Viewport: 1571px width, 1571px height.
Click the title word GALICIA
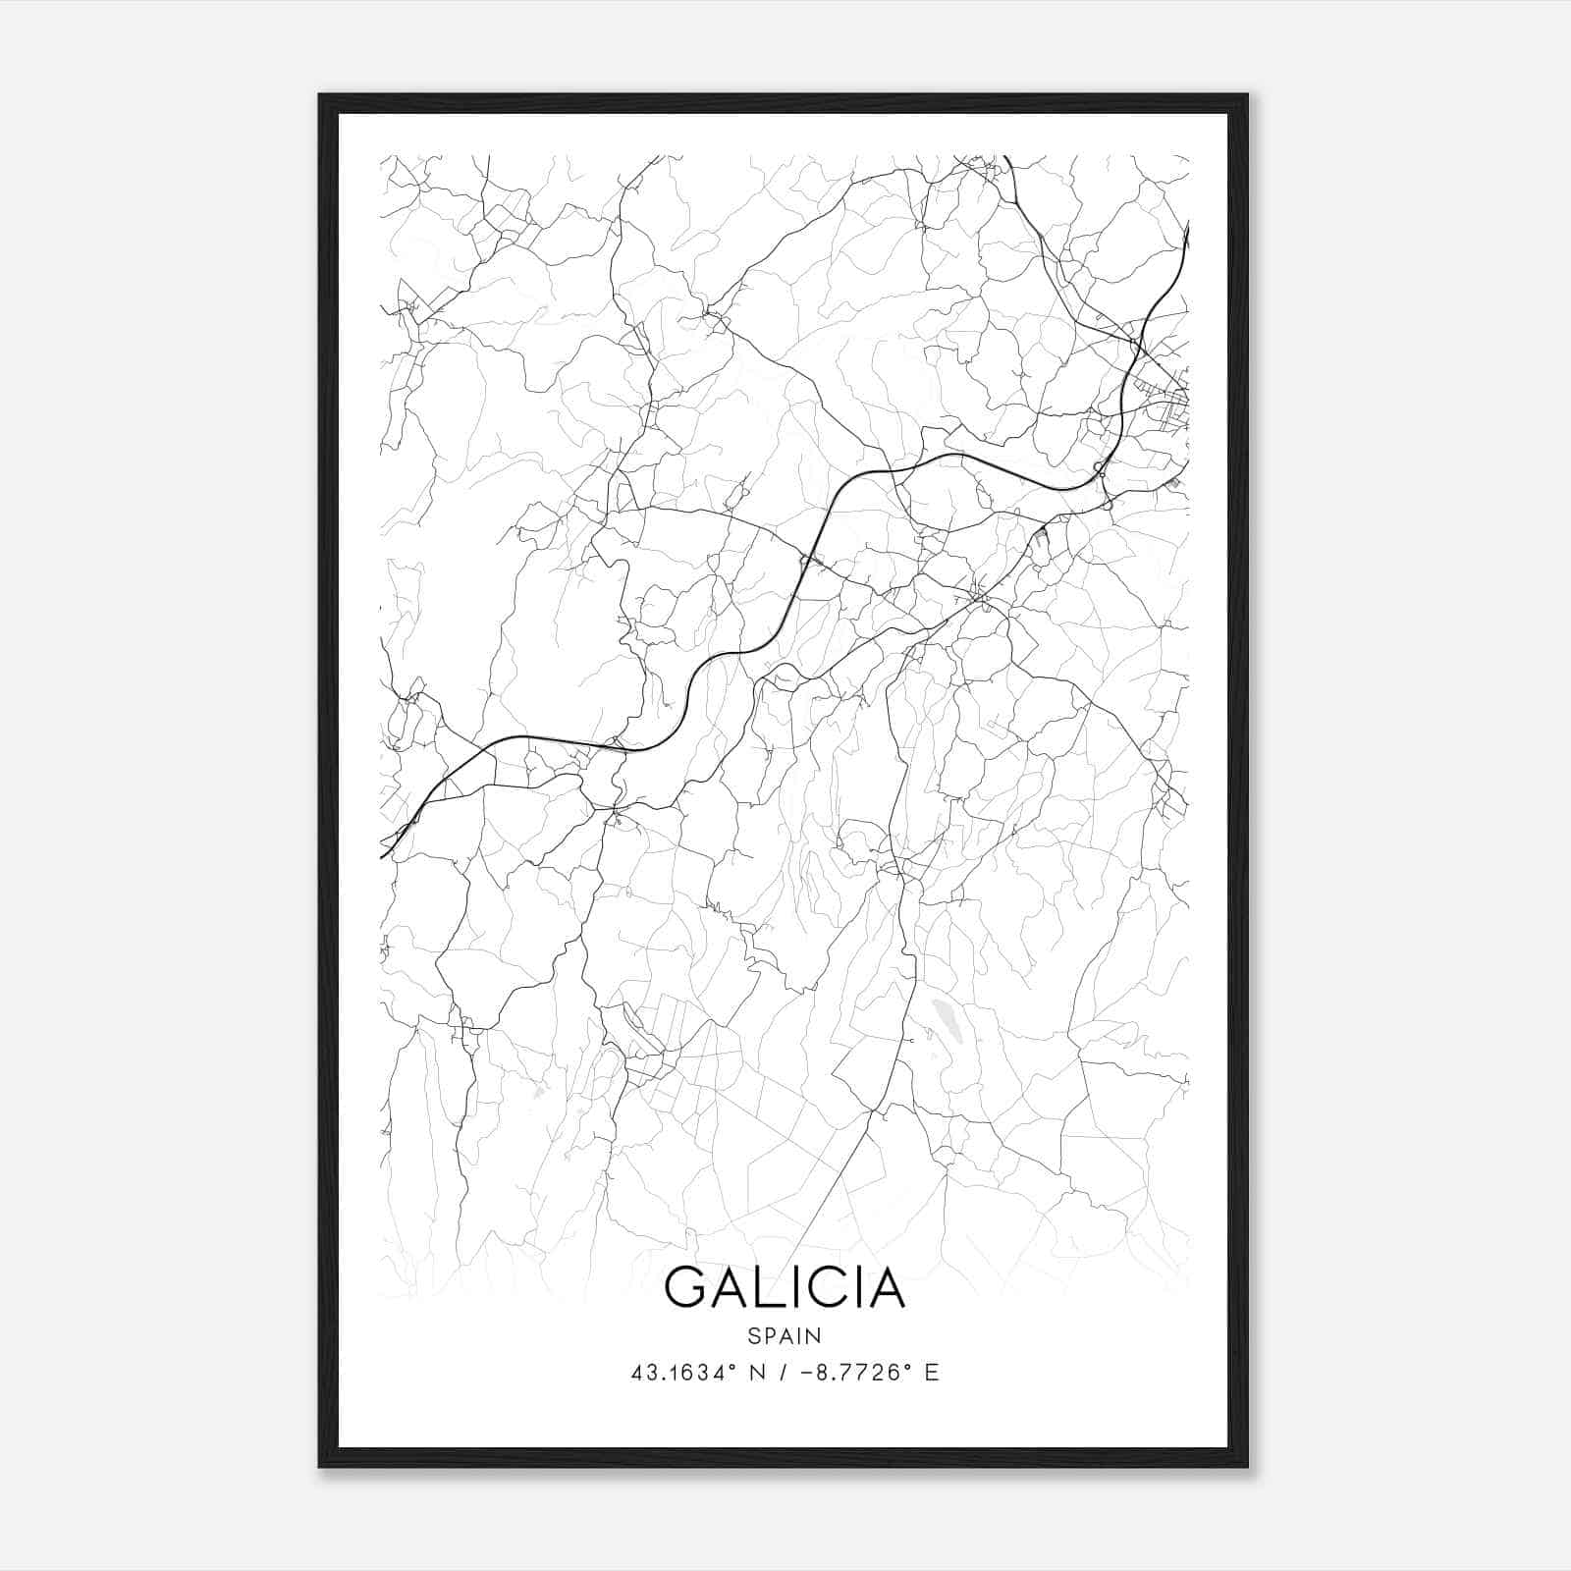[785, 1287]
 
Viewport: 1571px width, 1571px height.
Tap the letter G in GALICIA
[686, 1287]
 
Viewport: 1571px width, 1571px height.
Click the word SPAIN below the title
[785, 1335]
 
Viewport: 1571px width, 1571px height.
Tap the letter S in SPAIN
[754, 1335]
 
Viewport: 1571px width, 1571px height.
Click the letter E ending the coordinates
[932, 1373]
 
